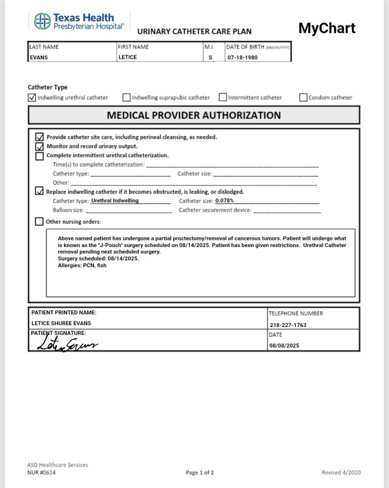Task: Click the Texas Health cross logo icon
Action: [42, 21]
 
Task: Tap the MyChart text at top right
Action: [327, 28]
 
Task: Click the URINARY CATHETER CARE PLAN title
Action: [194, 32]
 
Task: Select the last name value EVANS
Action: [39, 57]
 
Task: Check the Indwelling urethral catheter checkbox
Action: [32, 97]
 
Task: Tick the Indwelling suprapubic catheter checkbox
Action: [126, 97]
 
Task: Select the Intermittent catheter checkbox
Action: [223, 97]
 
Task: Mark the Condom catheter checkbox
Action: [304, 97]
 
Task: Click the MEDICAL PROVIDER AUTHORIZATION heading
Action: [194, 115]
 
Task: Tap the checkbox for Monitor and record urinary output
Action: [40, 146]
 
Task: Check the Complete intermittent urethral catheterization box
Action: [40, 156]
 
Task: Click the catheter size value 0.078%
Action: [225, 201]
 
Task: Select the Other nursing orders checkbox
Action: [40, 221]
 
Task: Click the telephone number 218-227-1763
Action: [288, 325]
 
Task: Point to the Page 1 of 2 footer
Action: [200, 473]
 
